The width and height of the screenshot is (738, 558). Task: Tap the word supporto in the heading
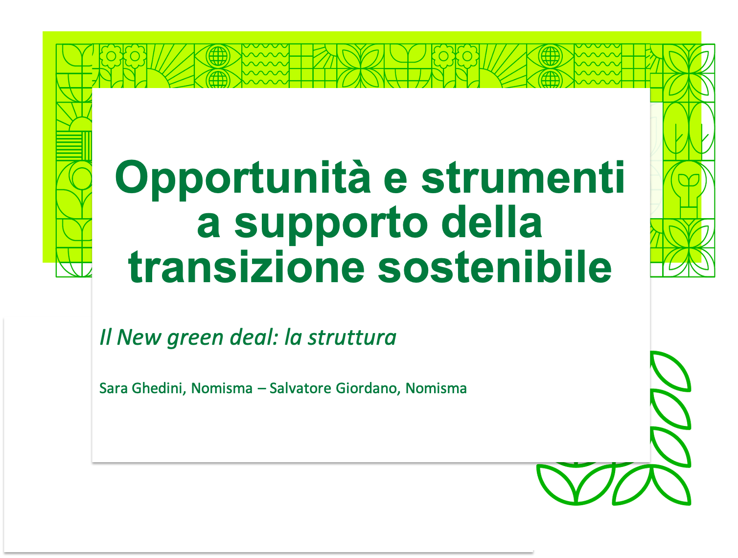click(x=331, y=224)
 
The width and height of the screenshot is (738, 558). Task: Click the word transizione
click(x=246, y=267)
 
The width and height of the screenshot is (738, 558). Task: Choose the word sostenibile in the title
click(x=495, y=267)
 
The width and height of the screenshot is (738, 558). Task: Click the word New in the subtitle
click(x=139, y=337)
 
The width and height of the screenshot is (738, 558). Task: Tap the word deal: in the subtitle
click(x=254, y=337)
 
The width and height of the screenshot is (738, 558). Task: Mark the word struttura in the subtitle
click(x=352, y=337)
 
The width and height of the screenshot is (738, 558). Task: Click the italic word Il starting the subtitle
click(x=105, y=337)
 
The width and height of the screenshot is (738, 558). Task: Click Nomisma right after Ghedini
click(x=222, y=388)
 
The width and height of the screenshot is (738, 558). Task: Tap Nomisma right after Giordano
click(x=436, y=388)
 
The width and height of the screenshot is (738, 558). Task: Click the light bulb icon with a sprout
click(x=689, y=190)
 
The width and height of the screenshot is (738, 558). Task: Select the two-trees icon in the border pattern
click(x=689, y=132)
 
